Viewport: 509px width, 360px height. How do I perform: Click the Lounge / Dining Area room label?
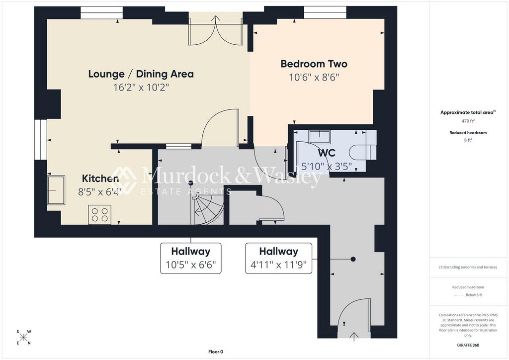coord(141,74)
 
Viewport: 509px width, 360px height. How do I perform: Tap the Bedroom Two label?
coord(314,64)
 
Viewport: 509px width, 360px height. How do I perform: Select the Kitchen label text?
coord(100,178)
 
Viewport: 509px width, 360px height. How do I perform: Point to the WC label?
coord(327,153)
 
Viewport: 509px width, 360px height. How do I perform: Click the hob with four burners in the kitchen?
coord(99,215)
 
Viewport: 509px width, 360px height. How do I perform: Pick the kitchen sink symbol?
coord(56,190)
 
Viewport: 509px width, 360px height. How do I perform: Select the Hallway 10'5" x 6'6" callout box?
coord(191,258)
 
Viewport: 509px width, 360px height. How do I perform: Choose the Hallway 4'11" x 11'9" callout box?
coord(278,258)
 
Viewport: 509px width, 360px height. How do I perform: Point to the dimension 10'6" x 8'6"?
coord(314,77)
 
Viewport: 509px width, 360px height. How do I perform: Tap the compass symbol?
coord(24,337)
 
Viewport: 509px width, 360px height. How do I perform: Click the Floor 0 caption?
coord(216,352)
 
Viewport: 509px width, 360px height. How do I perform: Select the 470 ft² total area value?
coord(468,121)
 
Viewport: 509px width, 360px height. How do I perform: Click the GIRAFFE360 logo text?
coord(468,345)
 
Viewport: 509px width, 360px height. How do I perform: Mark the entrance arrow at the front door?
coord(354,337)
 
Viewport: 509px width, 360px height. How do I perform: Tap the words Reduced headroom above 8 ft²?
coord(468,132)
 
